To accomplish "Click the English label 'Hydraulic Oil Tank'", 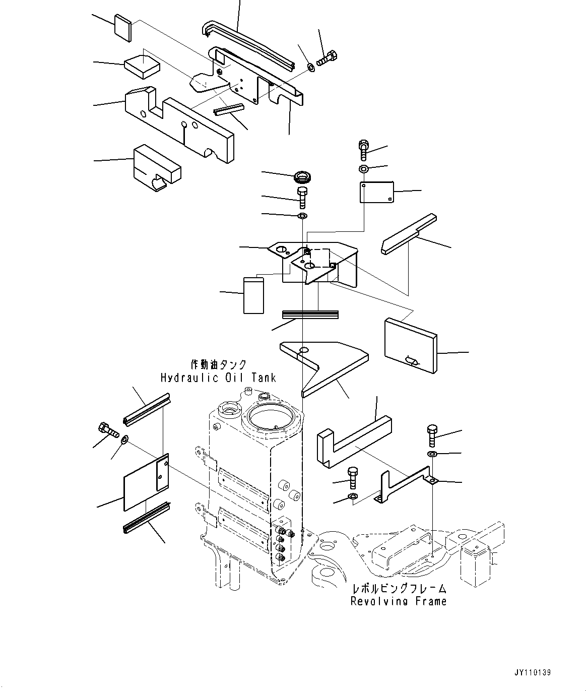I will click(218, 377).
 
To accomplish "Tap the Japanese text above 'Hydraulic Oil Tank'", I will click(218, 364).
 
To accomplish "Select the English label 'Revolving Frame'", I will click(399, 601).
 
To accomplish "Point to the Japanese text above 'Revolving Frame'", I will click(399, 588).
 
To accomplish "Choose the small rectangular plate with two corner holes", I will click(376, 192).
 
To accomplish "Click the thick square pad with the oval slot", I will click(410, 346).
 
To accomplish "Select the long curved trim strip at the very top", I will click(249, 41).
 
